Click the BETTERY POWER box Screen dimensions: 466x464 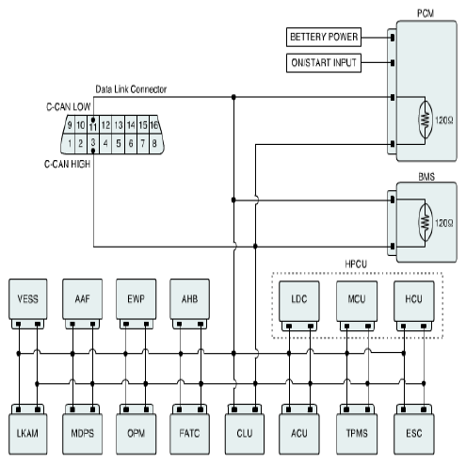click(324, 37)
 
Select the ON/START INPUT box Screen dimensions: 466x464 click(324, 63)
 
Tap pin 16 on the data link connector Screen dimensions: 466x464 click(153, 125)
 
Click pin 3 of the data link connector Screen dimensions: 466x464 click(93, 143)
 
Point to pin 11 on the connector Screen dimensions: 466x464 click(93, 125)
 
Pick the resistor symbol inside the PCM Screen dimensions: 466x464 click(425, 120)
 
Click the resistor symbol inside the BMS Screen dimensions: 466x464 click(425, 222)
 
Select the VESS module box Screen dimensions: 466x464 click(28, 299)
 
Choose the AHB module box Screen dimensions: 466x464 click(189, 299)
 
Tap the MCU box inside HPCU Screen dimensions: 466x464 click(357, 300)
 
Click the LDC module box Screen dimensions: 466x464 click(299, 300)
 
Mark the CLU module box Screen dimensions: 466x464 click(245, 434)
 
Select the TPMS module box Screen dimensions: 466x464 click(357, 434)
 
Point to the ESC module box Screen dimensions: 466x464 click(414, 434)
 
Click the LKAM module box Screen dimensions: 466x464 click(28, 434)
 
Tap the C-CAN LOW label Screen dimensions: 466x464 click(69, 107)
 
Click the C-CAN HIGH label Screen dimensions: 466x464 click(68, 164)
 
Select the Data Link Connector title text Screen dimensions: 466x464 click(131, 89)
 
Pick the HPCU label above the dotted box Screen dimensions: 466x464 click(356, 264)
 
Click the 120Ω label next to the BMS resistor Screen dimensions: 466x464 click(444, 223)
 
